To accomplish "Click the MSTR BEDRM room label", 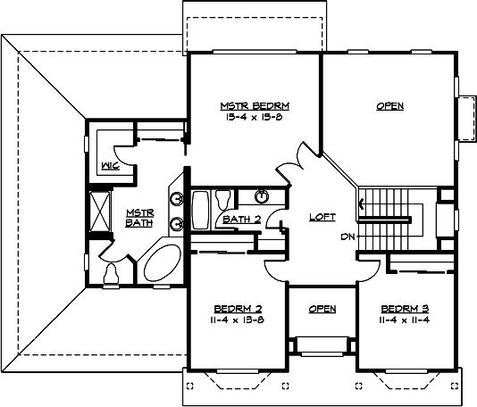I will tap(255, 106).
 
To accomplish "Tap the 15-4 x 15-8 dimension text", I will tap(255, 117).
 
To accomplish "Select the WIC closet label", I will tap(111, 165).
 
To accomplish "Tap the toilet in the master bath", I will tap(112, 275).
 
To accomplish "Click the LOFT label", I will tap(322, 217).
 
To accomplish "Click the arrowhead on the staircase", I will tap(363, 206).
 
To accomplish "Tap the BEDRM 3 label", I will tap(397, 308).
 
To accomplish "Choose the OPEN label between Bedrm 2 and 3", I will tap(322, 309).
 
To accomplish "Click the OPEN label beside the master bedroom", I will tap(389, 106).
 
